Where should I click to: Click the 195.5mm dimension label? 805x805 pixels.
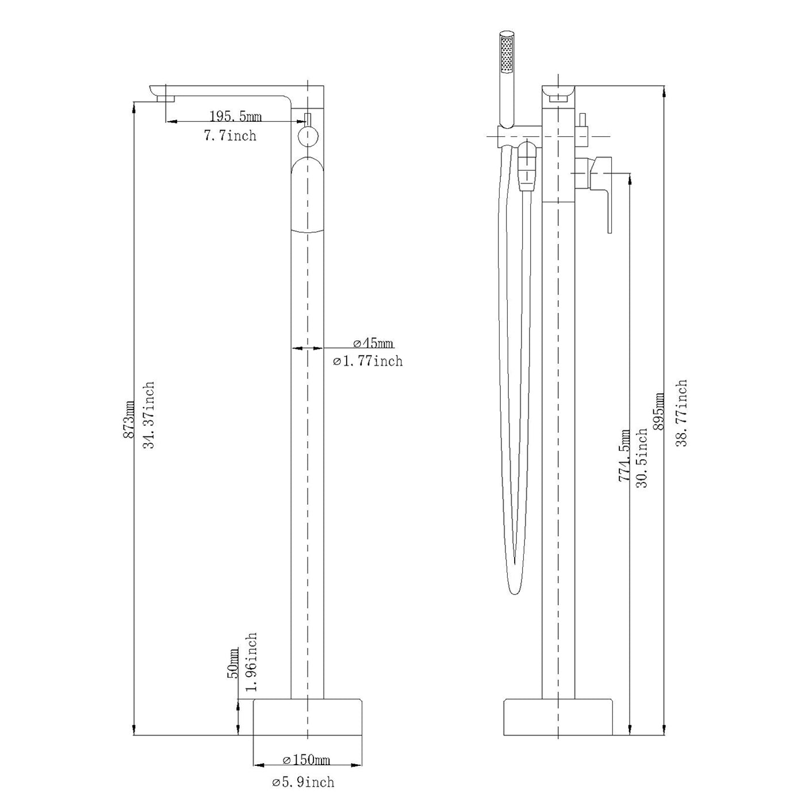(x=236, y=116)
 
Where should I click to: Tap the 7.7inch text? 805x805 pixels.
(x=230, y=135)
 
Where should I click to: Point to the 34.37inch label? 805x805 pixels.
(x=149, y=415)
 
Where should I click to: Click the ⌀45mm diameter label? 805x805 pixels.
(x=373, y=343)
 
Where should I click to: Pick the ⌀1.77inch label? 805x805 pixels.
(x=368, y=361)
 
